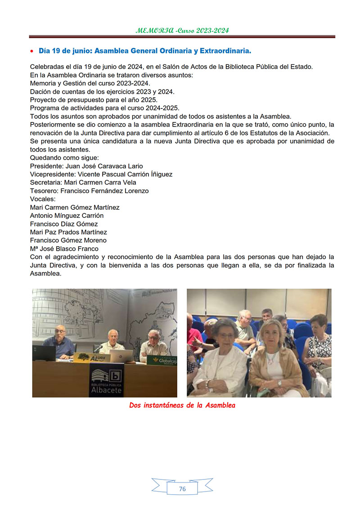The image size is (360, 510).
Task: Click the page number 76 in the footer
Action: (182, 489)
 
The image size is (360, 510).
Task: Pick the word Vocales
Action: (42, 199)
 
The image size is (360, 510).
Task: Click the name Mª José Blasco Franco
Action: (64, 248)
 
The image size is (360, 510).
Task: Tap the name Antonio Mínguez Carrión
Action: (67, 215)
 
